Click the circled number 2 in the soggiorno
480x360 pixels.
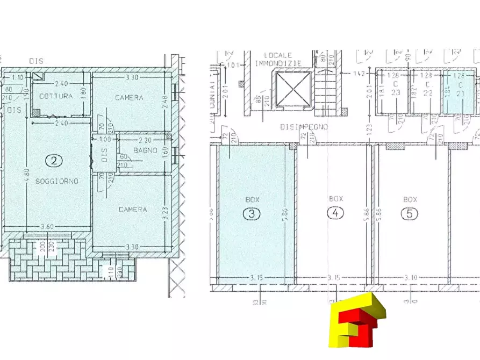(53, 160)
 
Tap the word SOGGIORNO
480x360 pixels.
(56, 182)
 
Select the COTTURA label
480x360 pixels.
(55, 96)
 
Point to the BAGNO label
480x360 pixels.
(146, 151)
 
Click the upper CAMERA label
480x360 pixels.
(129, 98)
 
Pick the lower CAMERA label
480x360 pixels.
(132, 210)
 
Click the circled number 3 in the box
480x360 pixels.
(252, 213)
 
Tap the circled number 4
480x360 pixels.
(335, 213)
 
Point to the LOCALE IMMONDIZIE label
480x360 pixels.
(278, 59)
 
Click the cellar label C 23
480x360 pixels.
(396, 88)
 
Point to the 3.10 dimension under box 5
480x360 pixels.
(411, 277)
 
